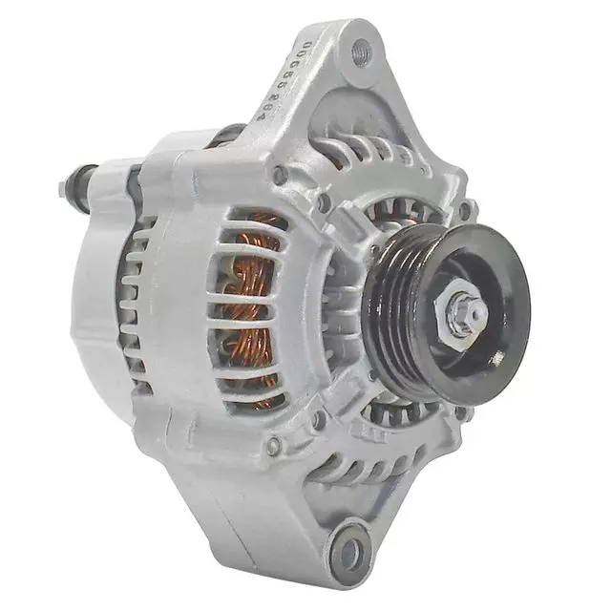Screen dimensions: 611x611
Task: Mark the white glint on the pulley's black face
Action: coord(496,358)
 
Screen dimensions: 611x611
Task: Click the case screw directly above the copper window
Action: coord(279,176)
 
